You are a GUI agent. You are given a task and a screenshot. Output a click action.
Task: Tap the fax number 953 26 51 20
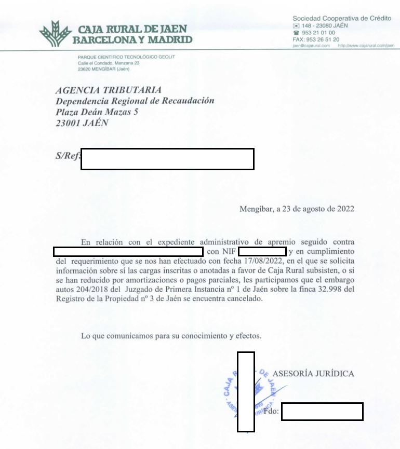pyautogui.click(x=324, y=39)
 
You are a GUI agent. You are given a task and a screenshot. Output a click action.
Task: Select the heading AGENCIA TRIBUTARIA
pyautogui.click(x=109, y=90)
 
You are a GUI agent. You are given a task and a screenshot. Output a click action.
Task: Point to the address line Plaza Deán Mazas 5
pyautogui.click(x=97, y=112)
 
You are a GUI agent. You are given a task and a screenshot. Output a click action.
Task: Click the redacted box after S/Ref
pyautogui.click(x=167, y=159)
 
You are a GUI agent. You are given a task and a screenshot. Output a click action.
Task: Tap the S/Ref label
pyautogui.click(x=68, y=157)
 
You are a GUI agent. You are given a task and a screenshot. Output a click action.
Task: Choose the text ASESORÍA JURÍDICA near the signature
pyautogui.click(x=313, y=374)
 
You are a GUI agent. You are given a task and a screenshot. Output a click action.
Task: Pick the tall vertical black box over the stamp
pyautogui.click(x=246, y=391)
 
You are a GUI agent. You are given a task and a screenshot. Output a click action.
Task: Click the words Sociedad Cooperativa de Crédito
pyautogui.click(x=341, y=18)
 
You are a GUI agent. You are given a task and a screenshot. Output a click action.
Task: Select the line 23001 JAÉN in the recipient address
pyautogui.click(x=82, y=124)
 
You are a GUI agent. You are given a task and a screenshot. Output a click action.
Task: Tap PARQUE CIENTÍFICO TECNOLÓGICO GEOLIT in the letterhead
pyautogui.click(x=126, y=57)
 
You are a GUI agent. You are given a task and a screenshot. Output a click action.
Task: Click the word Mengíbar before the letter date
pyautogui.click(x=257, y=210)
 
